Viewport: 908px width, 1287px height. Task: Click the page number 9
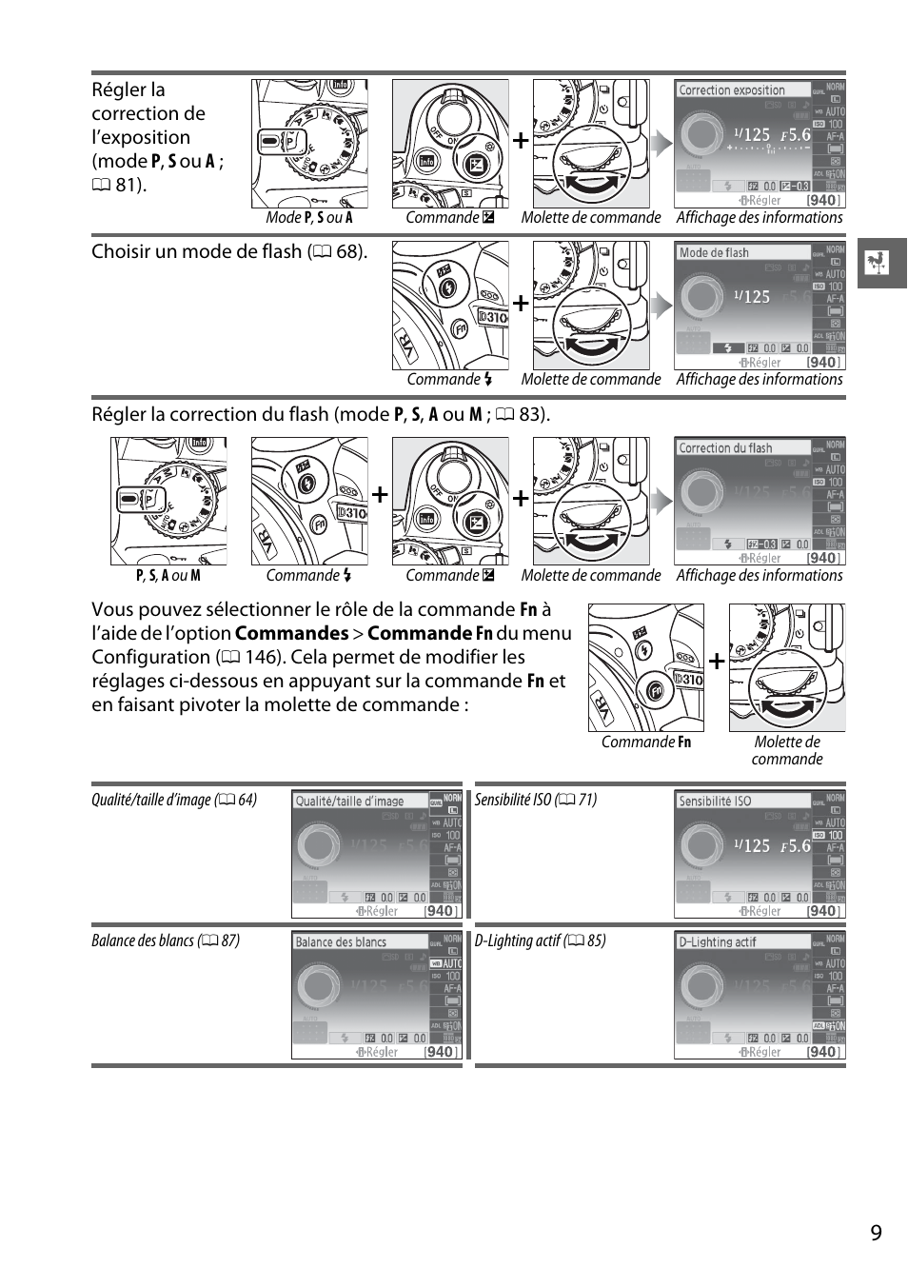(876, 1233)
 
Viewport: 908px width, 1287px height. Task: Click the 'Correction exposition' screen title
(731, 90)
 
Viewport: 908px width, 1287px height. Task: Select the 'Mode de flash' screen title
(714, 252)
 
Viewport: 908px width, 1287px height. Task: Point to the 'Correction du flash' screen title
(725, 448)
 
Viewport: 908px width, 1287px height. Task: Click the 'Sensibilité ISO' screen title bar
(715, 802)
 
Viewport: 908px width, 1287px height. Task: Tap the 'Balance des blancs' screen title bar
(341, 942)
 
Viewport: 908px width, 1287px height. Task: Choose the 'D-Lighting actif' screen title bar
(718, 942)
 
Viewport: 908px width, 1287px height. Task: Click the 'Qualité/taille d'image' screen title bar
(349, 802)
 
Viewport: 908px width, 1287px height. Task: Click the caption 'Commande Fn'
(646, 742)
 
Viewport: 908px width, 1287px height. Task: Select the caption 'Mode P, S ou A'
(309, 218)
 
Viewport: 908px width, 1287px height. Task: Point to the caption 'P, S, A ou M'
(168, 576)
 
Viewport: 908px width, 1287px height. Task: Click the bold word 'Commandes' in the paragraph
(291, 634)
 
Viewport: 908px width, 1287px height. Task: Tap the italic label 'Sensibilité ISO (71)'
(536, 800)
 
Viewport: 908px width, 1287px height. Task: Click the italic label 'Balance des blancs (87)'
(166, 940)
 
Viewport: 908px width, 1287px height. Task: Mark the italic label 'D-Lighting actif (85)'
(540, 940)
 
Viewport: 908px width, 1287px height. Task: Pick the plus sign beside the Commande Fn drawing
(717, 661)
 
